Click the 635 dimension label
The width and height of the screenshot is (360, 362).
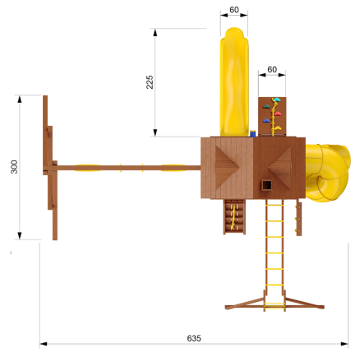194,338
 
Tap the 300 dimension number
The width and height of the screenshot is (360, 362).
14,167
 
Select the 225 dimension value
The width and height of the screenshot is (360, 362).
150,82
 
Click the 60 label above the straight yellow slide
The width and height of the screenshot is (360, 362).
234,10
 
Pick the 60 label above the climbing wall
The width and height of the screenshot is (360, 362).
272,69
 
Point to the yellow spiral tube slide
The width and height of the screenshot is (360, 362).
327,173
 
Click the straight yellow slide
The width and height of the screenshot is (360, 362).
234,82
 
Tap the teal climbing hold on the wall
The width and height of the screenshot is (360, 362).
277,100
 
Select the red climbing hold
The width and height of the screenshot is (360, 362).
277,114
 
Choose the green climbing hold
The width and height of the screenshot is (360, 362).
266,106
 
